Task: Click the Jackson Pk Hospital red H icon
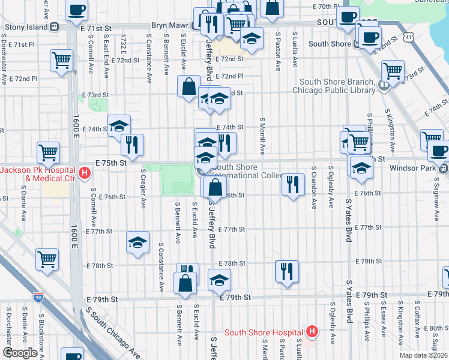point(85,174)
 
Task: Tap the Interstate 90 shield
point(38,297)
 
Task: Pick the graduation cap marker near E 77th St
point(137,242)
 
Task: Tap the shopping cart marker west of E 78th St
point(47,259)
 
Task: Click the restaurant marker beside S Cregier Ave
point(132,144)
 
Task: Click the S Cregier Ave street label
point(143,188)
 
